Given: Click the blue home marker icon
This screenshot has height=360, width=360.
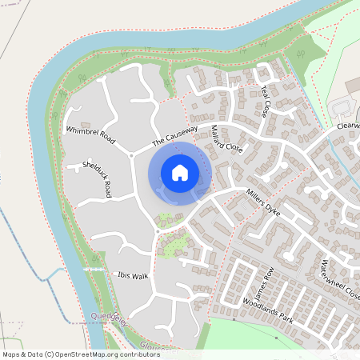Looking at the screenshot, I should [x=180, y=173].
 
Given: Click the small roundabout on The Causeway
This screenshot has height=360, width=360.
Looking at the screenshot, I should [x=132, y=155].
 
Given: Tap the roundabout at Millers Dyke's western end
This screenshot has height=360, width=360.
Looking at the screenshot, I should [x=157, y=230].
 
